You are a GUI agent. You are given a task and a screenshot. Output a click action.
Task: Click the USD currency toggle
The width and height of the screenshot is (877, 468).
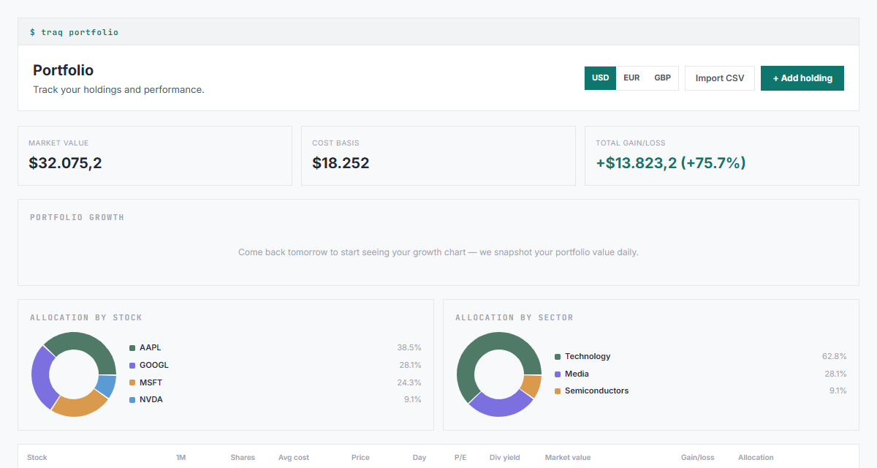[600, 78]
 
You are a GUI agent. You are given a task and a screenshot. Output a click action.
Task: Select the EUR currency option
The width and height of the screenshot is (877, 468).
[631, 78]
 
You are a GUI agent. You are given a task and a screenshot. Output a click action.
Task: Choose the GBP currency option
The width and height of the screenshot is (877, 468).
[662, 78]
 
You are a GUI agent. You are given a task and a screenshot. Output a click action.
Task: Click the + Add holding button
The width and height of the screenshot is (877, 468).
[802, 78]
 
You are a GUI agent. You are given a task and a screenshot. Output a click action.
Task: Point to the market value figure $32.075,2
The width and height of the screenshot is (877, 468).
[65, 163]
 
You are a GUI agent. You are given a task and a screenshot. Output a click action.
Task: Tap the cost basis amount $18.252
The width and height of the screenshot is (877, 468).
[341, 163]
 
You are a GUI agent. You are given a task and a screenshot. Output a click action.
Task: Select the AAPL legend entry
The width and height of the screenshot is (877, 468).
[145, 347]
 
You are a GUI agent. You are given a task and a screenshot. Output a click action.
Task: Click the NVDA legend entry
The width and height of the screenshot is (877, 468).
[146, 399]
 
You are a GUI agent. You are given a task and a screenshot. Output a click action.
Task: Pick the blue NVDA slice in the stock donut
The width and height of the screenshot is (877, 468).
[107, 386]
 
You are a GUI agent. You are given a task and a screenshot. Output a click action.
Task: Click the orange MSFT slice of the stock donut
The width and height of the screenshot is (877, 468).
[79, 407]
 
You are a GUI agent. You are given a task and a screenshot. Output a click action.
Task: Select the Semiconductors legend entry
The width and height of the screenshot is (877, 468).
[591, 390]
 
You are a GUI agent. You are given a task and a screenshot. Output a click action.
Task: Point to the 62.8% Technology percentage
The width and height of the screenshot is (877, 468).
[834, 356]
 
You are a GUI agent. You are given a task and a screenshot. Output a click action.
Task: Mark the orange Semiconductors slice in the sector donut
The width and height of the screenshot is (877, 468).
[532, 385]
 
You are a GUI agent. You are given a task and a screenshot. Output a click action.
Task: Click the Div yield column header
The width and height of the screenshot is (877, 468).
[505, 458]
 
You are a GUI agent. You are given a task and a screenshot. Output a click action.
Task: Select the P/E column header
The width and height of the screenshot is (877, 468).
[460, 458]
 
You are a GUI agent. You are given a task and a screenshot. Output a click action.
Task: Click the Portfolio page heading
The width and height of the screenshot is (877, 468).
[63, 70]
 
